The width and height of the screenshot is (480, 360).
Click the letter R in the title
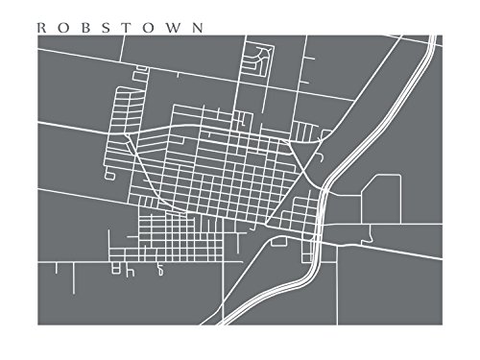(x=39, y=28)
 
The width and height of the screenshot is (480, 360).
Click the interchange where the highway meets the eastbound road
(x=318, y=235)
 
